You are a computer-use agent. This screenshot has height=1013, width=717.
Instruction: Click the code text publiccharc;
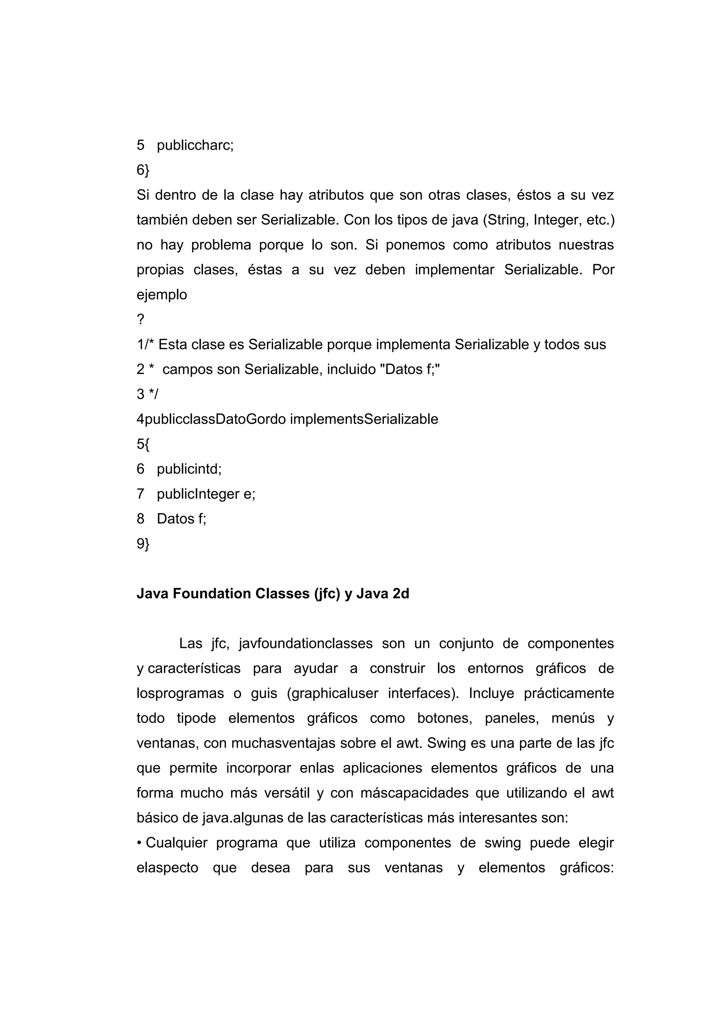coord(195,145)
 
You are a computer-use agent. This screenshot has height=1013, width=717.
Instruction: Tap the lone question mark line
coord(140,319)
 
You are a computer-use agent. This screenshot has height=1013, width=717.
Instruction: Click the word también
coord(162,220)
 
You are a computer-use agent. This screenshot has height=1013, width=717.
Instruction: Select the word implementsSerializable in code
coord(364,419)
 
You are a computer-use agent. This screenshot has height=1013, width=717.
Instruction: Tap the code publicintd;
coord(189,469)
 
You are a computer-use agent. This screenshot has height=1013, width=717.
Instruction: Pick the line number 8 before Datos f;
coord(140,519)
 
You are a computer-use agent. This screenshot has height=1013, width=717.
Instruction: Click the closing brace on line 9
coord(147,544)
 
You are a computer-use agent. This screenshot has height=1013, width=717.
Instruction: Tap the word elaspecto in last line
coord(167,868)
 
